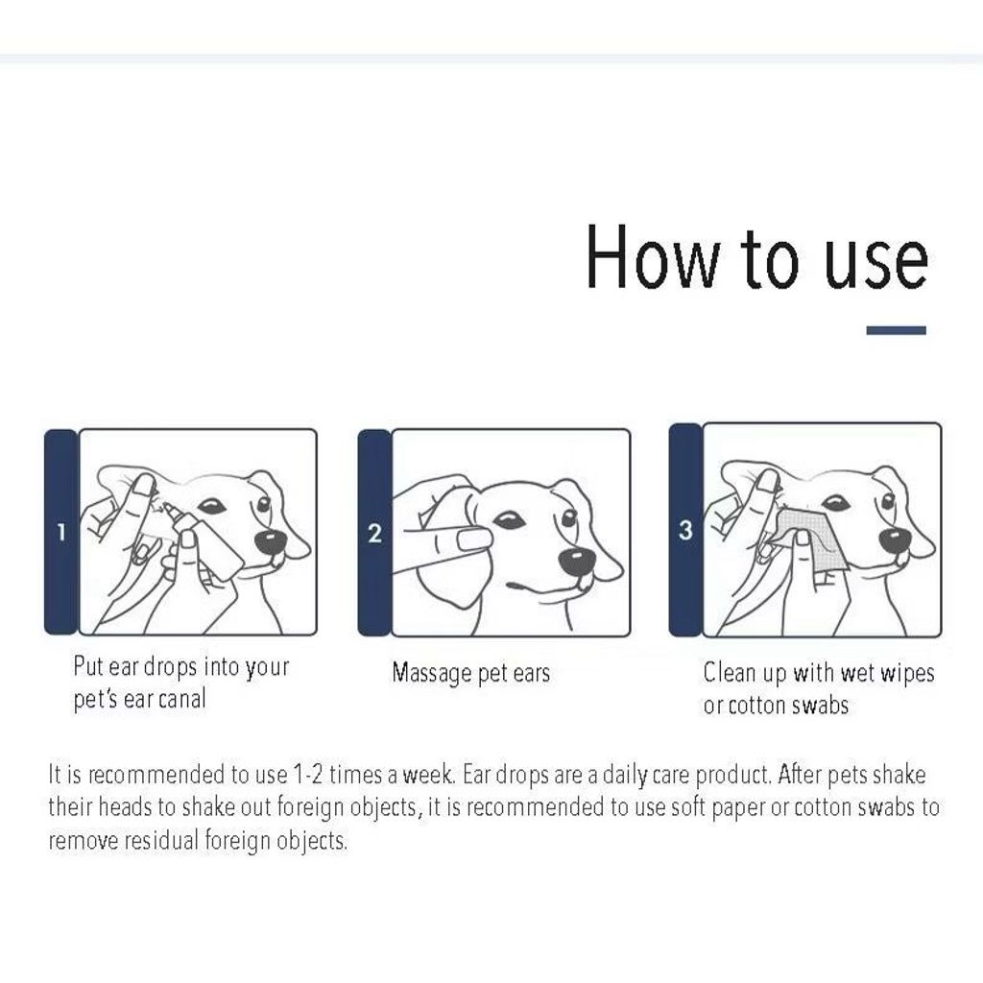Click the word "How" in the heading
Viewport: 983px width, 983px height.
[x=653, y=257]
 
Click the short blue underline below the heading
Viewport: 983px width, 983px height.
[x=896, y=330]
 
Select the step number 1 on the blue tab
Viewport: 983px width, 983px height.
[x=60, y=532]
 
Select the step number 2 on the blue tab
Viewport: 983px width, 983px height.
[x=374, y=534]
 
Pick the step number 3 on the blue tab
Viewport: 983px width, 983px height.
[x=685, y=530]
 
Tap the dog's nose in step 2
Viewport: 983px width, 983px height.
[x=576, y=561]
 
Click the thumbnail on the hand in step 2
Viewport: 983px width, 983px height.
[x=474, y=539]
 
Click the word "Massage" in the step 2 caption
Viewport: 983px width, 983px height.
[x=432, y=673]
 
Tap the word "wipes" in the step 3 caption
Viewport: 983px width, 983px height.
[x=907, y=673]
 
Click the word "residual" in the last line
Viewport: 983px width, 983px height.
[x=161, y=840]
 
